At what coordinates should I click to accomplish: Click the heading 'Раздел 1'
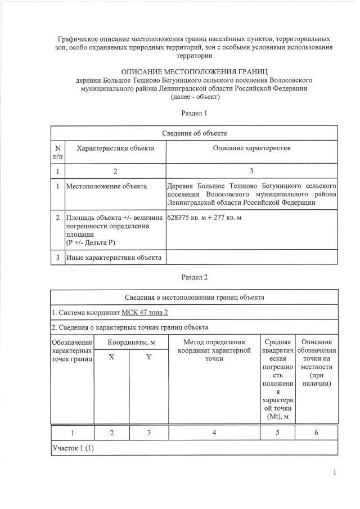(x=195, y=113)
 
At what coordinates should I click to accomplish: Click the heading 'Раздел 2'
(x=195, y=277)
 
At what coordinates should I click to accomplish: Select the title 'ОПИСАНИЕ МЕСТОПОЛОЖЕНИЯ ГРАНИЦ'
(x=195, y=71)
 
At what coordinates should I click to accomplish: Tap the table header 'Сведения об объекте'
(x=195, y=133)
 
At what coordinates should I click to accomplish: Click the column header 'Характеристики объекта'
(x=115, y=148)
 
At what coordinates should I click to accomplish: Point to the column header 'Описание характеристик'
(x=251, y=148)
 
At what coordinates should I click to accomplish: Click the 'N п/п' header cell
(x=58, y=152)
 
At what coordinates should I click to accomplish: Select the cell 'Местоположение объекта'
(x=106, y=186)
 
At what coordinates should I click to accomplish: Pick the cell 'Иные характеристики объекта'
(x=114, y=258)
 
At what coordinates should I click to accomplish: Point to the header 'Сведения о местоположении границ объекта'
(x=195, y=297)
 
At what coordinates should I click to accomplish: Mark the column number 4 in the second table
(x=214, y=433)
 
